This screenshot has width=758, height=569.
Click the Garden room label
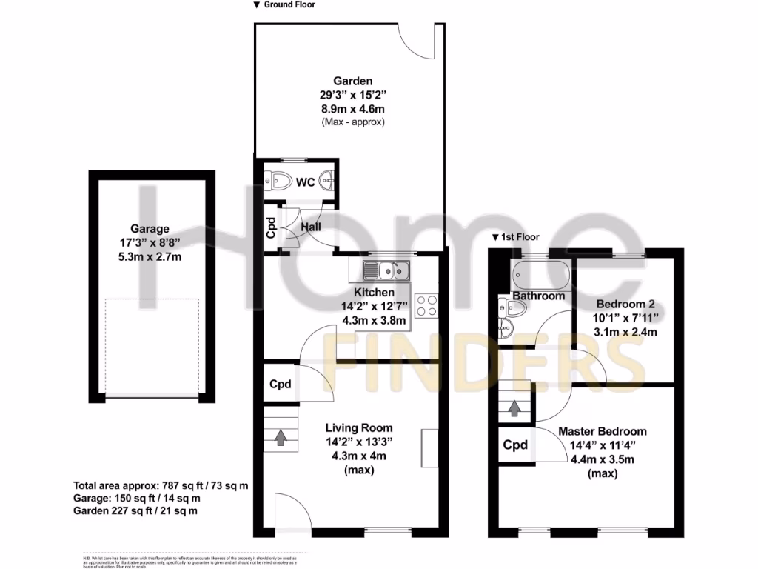(x=352, y=81)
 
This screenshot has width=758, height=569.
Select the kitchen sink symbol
(x=386, y=272)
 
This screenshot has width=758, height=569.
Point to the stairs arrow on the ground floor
(x=281, y=437)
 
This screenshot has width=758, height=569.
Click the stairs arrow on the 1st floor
(x=514, y=407)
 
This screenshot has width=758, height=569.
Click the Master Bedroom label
(x=602, y=431)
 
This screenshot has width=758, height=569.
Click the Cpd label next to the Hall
(x=272, y=228)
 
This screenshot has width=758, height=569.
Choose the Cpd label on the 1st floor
(x=515, y=445)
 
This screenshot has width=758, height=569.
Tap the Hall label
(x=310, y=227)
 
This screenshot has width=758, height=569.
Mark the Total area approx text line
(x=161, y=486)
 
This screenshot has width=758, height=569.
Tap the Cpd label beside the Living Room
(x=280, y=385)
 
